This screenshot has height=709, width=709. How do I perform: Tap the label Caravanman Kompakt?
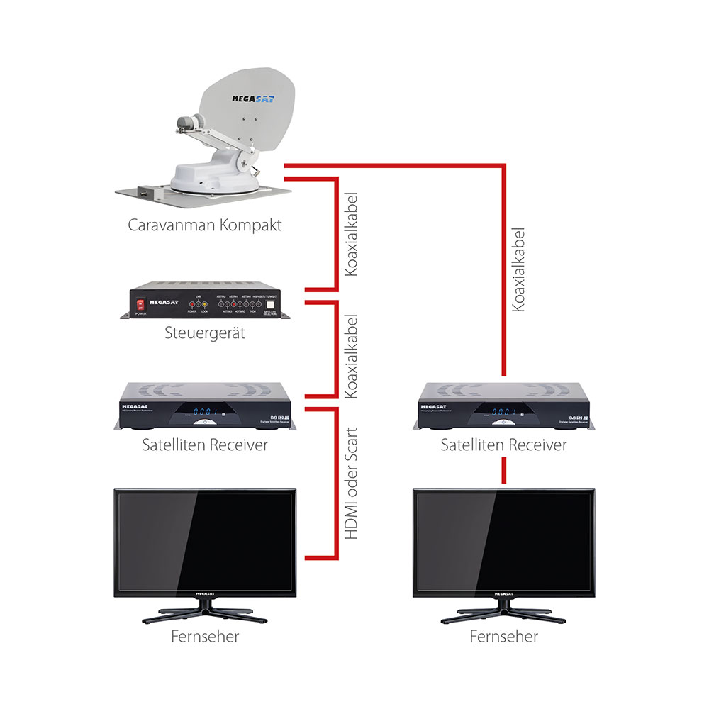pyautogui.click(x=205, y=226)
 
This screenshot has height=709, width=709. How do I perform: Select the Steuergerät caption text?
pyautogui.click(x=205, y=332)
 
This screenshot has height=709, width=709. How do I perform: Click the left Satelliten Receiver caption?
pyautogui.click(x=205, y=445)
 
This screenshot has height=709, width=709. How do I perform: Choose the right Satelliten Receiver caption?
pyautogui.click(x=503, y=445)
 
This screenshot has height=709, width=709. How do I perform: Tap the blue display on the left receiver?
pyautogui.click(x=206, y=413)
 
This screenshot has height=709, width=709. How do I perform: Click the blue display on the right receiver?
pyautogui.click(x=505, y=413)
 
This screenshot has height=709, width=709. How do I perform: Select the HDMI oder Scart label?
pyautogui.click(x=351, y=484)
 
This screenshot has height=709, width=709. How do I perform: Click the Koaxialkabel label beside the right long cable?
pyautogui.click(x=520, y=269)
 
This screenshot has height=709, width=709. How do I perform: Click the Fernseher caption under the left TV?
pyautogui.click(x=205, y=636)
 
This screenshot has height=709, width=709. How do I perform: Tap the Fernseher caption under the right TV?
pyautogui.click(x=503, y=636)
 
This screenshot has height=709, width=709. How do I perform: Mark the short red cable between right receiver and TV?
pyautogui.click(x=503, y=470)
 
